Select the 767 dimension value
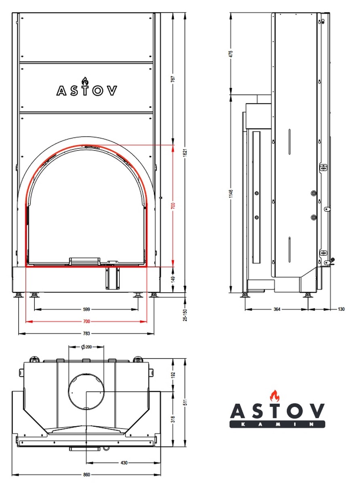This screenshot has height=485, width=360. [x=173, y=79]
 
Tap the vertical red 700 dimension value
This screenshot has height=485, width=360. [x=173, y=206]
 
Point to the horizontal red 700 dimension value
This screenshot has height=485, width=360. [x=86, y=322]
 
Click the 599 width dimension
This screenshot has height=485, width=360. [x=86, y=309]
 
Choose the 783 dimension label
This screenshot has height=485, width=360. [x=86, y=334]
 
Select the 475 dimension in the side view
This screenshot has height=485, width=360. [x=231, y=54]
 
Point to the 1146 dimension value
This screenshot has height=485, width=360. [x=231, y=194]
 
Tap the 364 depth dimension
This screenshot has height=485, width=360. [x=277, y=309]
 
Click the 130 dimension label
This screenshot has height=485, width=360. [x=341, y=309]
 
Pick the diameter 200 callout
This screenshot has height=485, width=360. [x=86, y=347]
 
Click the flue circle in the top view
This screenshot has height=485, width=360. [x=86, y=392]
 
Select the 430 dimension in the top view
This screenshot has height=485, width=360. [x=124, y=462]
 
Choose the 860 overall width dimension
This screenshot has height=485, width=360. [x=86, y=474]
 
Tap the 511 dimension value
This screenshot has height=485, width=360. [x=184, y=403]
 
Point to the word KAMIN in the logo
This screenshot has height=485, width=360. [x=277, y=424]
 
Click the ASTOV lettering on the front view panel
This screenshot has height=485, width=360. [x=87, y=90]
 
